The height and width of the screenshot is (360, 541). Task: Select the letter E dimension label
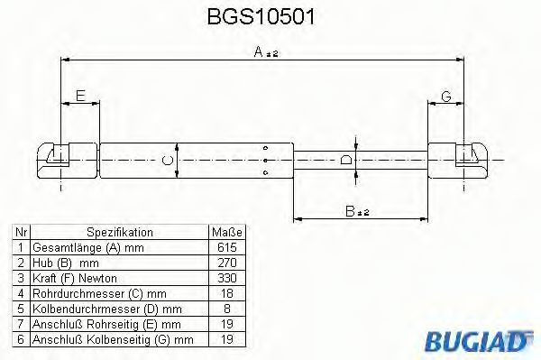tap(80, 96)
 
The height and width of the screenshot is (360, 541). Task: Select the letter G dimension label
tap(445, 96)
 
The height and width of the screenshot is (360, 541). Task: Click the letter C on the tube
tap(165, 160)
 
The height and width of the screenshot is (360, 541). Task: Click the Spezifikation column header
tap(119, 231)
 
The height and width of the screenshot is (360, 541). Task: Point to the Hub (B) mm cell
tap(63, 262)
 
